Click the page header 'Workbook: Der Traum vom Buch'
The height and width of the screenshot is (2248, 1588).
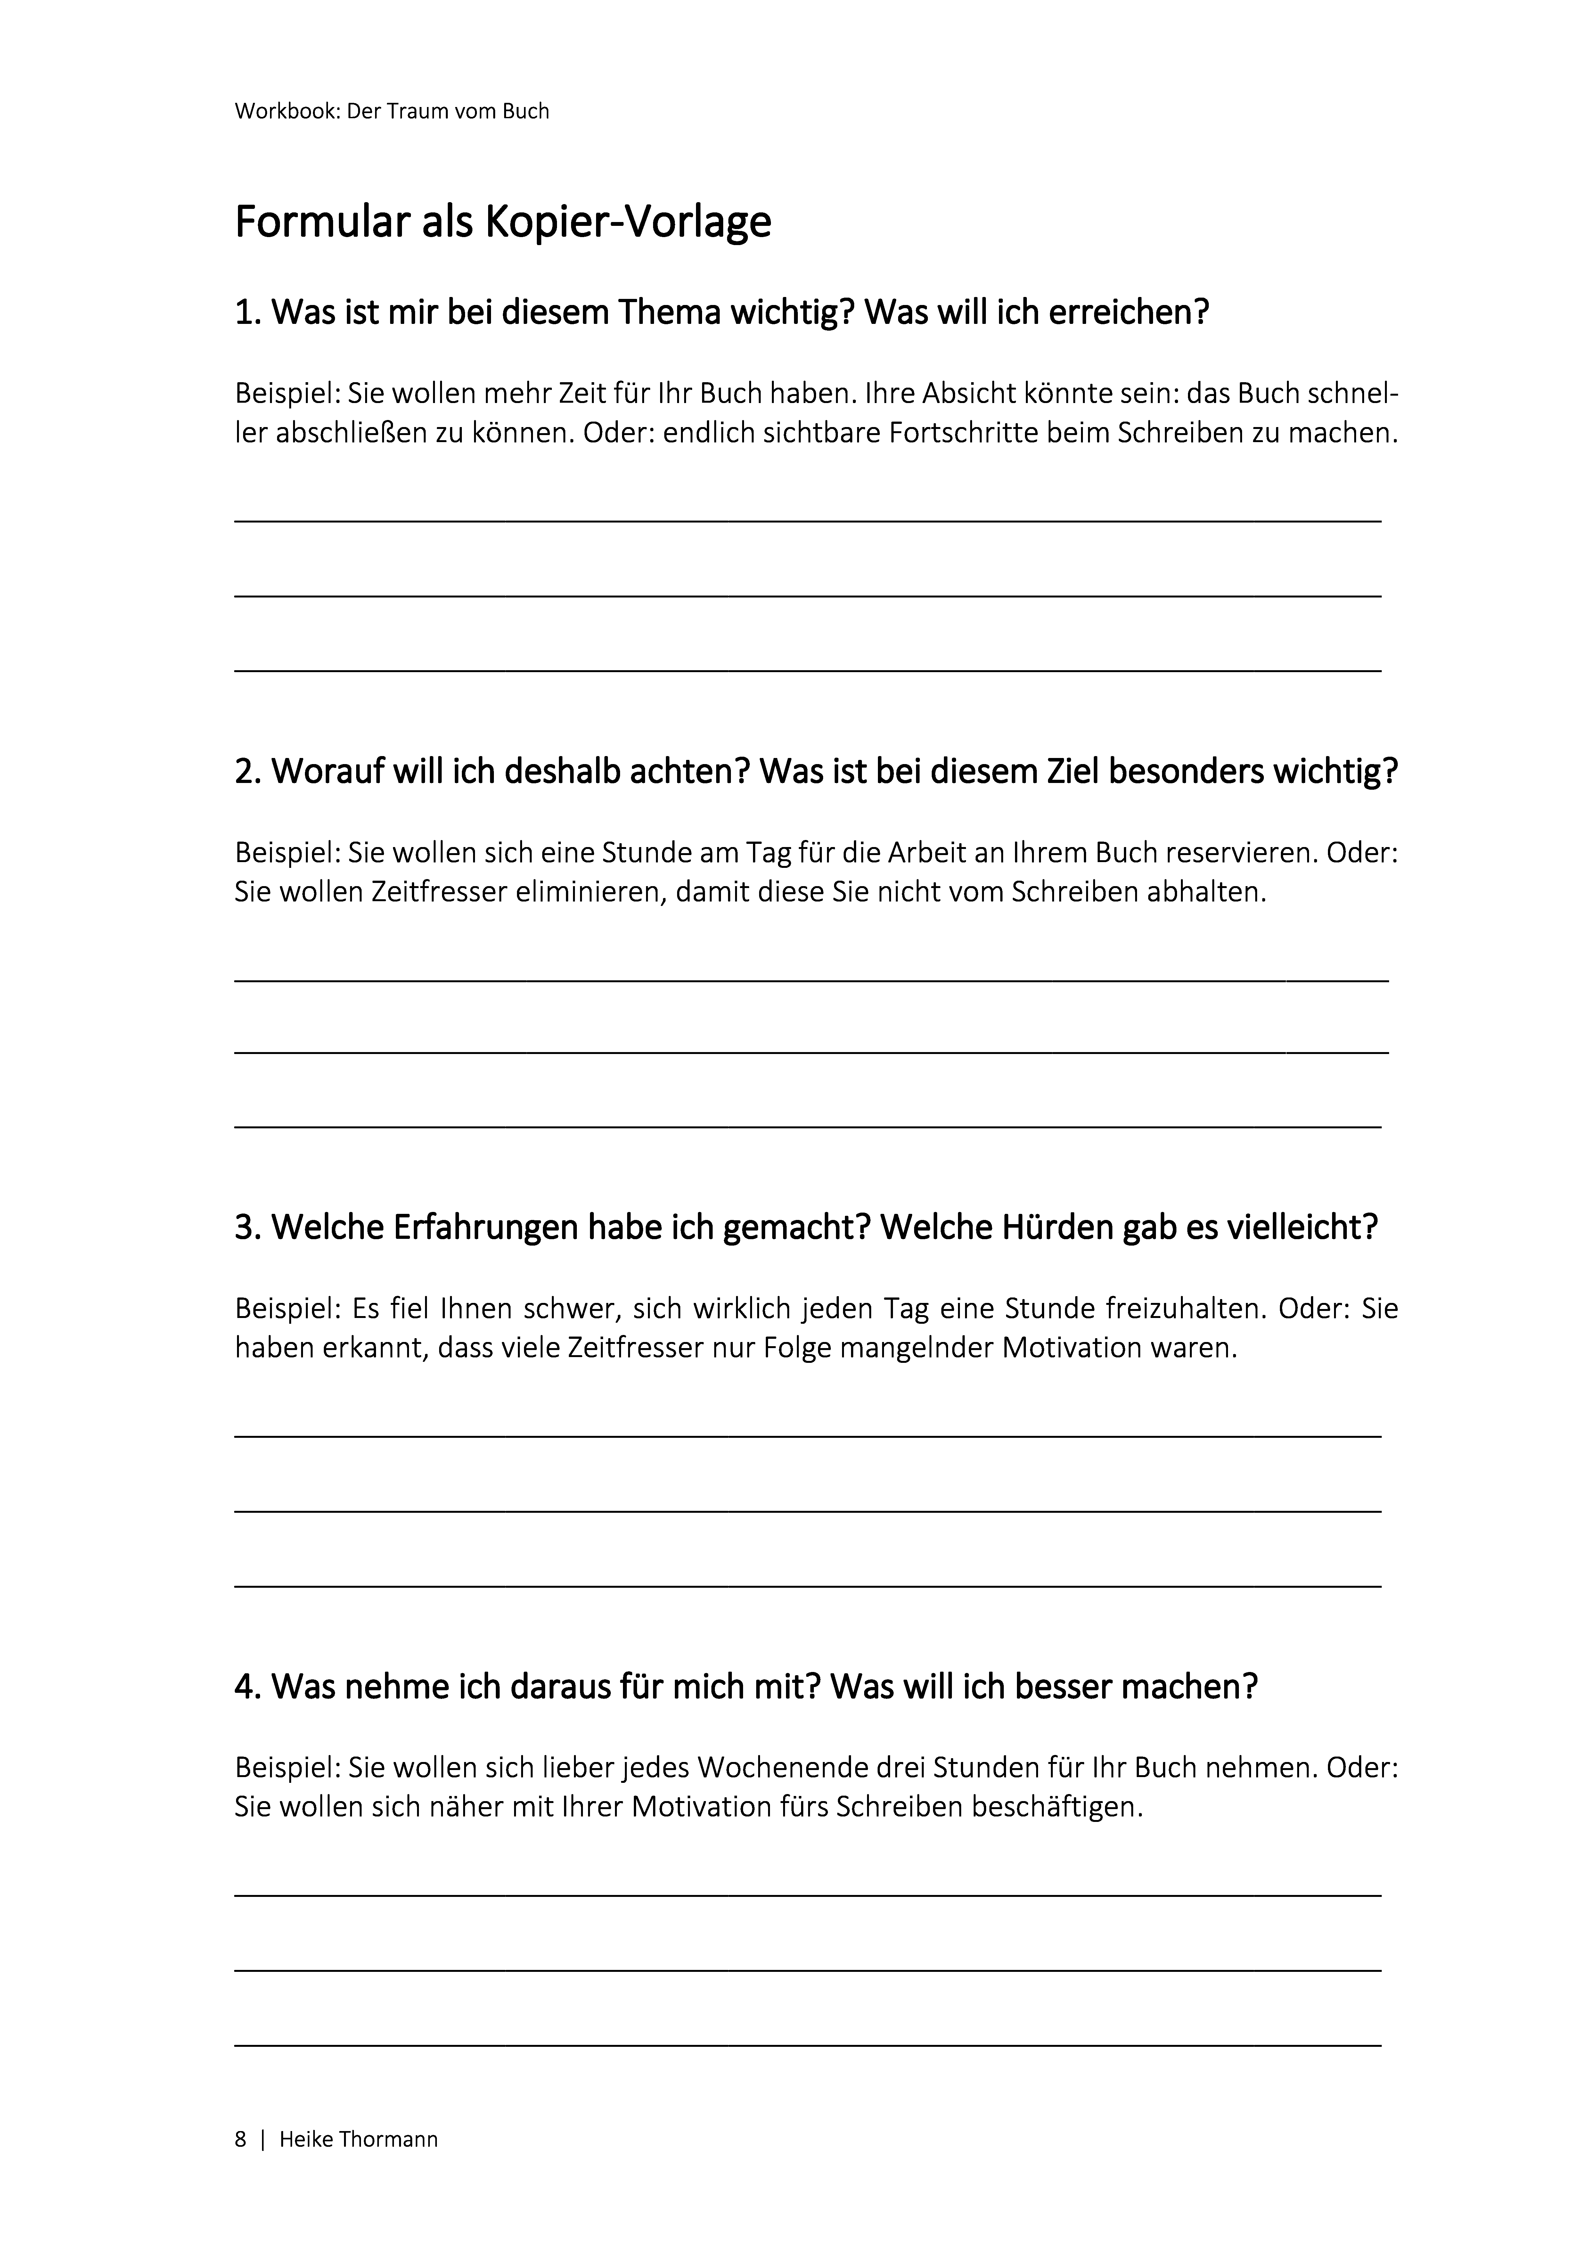pyautogui.click(x=392, y=111)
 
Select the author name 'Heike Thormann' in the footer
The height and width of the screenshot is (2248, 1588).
pyautogui.click(x=358, y=2139)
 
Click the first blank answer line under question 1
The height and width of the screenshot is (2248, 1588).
pyautogui.click(x=808, y=521)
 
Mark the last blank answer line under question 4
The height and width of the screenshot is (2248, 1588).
pyautogui.click(x=808, y=2044)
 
